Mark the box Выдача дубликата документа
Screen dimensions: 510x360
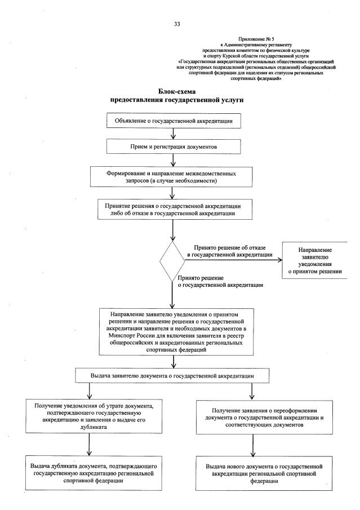90,471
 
